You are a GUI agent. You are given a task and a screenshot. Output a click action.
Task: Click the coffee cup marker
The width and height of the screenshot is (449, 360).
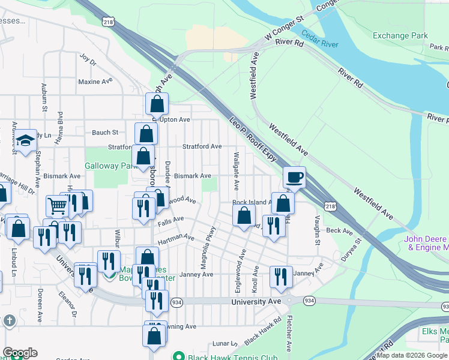click(294, 178)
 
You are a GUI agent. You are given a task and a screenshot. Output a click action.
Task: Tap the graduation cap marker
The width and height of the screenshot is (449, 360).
click(26, 140)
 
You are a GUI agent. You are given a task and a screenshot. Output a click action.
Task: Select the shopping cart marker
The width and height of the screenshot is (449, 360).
click(57, 206)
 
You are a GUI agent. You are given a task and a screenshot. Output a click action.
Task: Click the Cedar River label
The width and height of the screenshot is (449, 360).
click(320, 39)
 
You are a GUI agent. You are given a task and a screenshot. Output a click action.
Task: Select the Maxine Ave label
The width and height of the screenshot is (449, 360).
click(92, 81)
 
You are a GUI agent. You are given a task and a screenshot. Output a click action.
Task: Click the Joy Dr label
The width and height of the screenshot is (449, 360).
click(88, 60)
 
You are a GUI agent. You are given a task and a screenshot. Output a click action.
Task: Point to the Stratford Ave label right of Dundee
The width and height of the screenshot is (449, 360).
click(202, 146)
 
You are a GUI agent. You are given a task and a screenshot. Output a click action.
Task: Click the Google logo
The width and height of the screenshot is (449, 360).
click(19, 353)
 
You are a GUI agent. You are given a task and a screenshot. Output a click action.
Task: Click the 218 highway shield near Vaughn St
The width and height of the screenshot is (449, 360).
click(330, 206)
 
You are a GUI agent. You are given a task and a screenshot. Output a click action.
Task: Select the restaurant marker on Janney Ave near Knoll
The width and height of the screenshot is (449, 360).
click(281, 277)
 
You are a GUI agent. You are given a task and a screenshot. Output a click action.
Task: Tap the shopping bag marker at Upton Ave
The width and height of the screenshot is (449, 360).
click(157, 104)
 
